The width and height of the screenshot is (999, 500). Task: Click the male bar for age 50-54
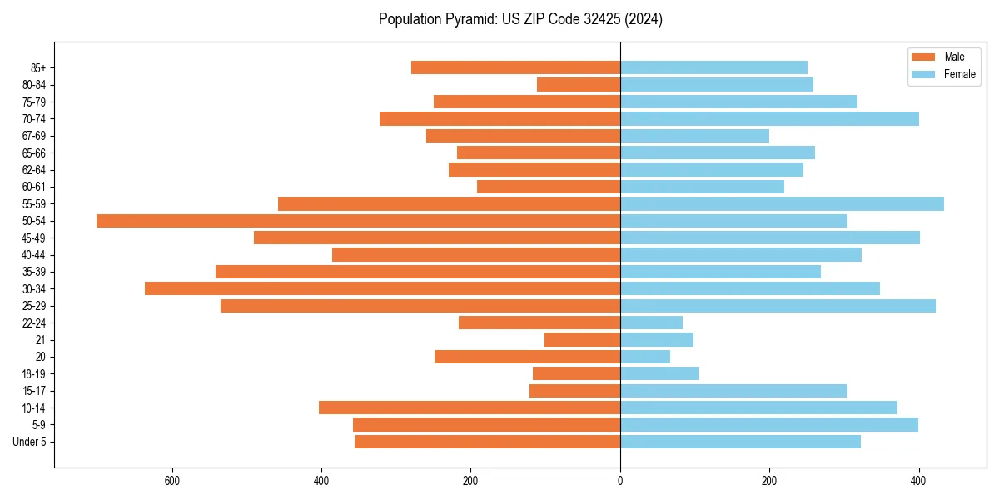coord(358,221)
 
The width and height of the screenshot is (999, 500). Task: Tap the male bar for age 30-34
coord(382,288)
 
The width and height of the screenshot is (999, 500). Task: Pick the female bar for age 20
coord(645,357)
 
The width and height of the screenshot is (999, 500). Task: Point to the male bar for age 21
coord(582,339)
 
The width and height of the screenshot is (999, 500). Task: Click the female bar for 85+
coord(713,67)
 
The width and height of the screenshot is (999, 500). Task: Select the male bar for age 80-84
coord(579,84)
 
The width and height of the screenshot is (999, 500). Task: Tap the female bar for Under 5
coord(740,442)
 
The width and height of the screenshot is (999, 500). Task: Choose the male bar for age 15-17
coord(574,391)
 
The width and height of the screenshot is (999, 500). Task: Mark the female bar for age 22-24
coord(651,322)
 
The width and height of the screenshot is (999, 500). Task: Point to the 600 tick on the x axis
coord(172,481)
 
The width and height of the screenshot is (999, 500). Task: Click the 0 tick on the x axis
coord(620,481)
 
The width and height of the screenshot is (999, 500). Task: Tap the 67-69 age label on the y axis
coord(34,136)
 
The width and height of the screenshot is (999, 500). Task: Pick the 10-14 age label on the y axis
coord(34,407)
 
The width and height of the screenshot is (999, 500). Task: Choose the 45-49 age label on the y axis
coord(34,237)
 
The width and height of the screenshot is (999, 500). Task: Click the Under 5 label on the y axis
coord(29,442)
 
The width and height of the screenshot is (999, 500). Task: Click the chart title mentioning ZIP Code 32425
coord(520,19)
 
